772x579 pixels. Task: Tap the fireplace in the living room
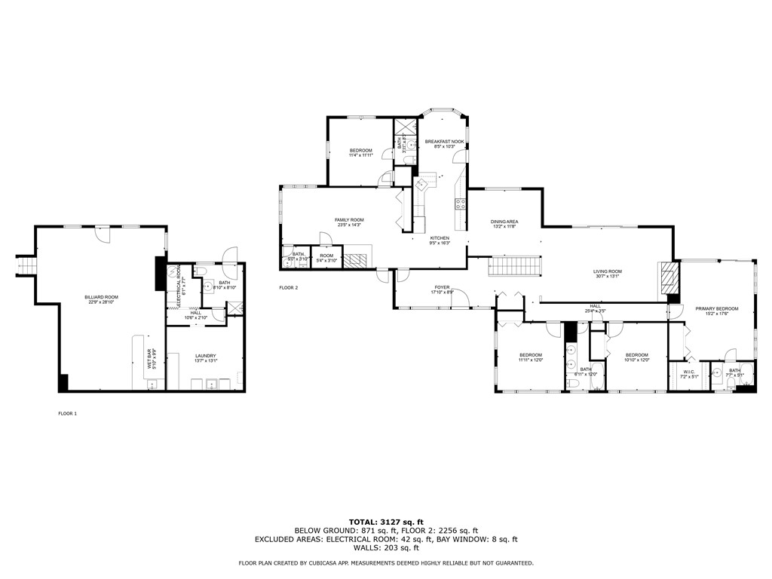coord(668,280)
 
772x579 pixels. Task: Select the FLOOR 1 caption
coord(68,413)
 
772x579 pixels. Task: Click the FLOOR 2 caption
coord(289,288)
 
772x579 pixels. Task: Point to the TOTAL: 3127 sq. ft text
coord(386,522)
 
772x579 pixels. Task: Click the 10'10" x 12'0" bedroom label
coord(636,357)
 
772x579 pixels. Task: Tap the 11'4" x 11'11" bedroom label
coord(360,153)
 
